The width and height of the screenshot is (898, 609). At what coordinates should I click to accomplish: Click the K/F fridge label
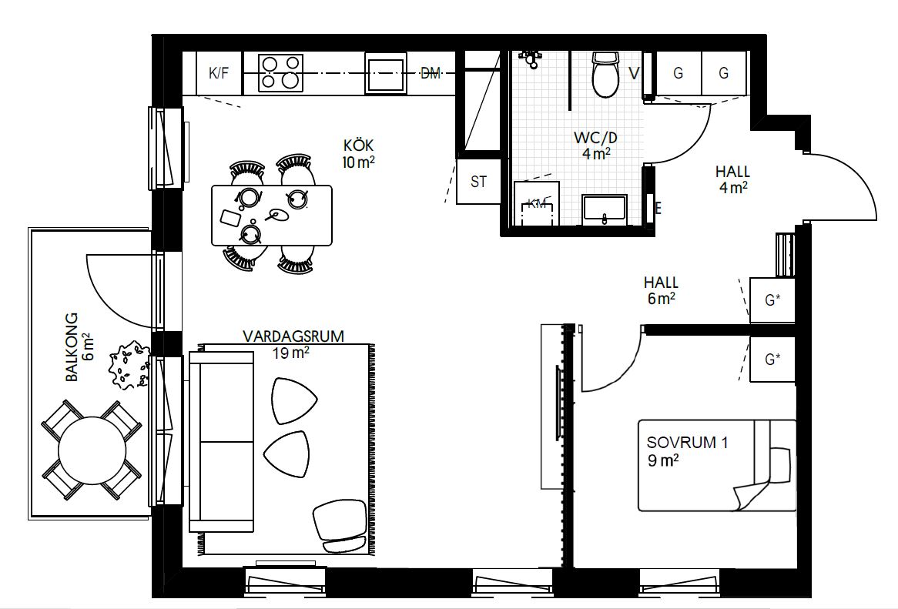[219, 73]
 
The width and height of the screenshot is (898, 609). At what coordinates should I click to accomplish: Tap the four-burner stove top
[280, 72]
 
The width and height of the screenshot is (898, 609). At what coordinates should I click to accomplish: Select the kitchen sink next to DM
[386, 72]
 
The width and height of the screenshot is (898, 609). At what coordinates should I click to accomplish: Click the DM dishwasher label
[431, 72]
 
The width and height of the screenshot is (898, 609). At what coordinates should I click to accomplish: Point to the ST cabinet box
[479, 182]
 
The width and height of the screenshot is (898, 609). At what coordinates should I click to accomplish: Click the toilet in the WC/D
[606, 75]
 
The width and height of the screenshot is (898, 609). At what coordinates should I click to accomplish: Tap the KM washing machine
[537, 203]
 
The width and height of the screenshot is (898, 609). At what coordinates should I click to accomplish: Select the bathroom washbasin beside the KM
[605, 209]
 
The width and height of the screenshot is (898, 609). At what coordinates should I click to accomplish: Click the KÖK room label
[359, 152]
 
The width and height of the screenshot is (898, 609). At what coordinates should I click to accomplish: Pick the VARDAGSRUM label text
[293, 336]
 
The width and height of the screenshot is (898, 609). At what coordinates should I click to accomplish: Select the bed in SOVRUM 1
[717, 465]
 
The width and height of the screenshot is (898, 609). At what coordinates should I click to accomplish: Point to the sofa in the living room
[222, 442]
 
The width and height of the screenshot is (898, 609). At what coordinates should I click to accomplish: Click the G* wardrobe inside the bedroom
[772, 359]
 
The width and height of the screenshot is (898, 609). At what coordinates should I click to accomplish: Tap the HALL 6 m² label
[662, 290]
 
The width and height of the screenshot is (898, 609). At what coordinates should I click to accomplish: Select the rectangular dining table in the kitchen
[271, 216]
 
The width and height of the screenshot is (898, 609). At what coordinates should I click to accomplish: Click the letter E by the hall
[658, 209]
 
